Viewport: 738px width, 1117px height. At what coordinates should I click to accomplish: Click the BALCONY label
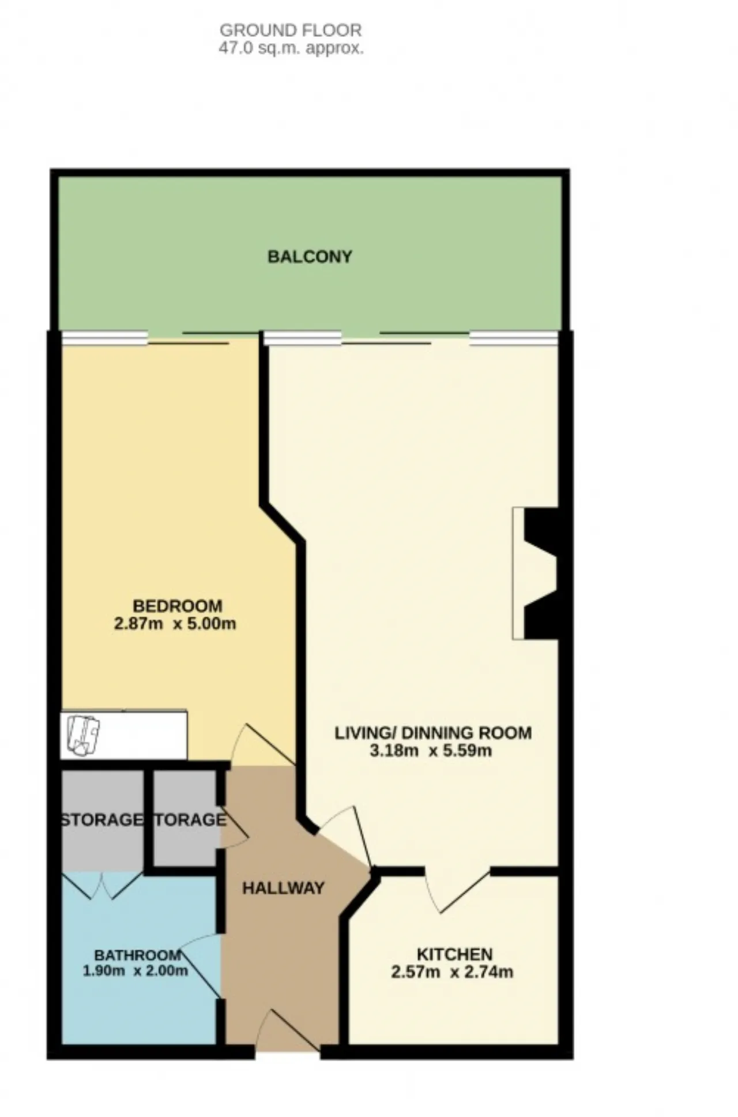[x=310, y=257]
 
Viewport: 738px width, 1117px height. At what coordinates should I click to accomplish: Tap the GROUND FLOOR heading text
[x=291, y=30]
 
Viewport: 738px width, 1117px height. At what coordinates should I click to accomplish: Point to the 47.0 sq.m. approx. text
[x=291, y=48]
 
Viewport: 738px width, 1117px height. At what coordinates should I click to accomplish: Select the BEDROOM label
[x=177, y=606]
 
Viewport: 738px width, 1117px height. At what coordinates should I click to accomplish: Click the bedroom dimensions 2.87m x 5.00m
[x=175, y=624]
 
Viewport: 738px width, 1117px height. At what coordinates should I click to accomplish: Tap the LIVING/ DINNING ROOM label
[x=433, y=733]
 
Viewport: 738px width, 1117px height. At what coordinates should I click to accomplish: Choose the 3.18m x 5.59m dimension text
[x=431, y=751]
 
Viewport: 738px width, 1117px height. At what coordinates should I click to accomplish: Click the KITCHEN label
[x=454, y=954]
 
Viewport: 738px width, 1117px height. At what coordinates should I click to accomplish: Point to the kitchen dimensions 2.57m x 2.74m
[x=452, y=972]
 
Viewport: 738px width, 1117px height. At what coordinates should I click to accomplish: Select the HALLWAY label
[x=284, y=888]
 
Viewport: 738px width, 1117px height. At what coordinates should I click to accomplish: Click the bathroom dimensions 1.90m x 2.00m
[x=135, y=970]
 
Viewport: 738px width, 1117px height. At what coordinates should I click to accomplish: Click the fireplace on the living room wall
[x=536, y=573]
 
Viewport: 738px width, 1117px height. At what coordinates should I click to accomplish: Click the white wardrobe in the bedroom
[x=124, y=734]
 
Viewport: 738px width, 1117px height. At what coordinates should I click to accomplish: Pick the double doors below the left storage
[x=102, y=884]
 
